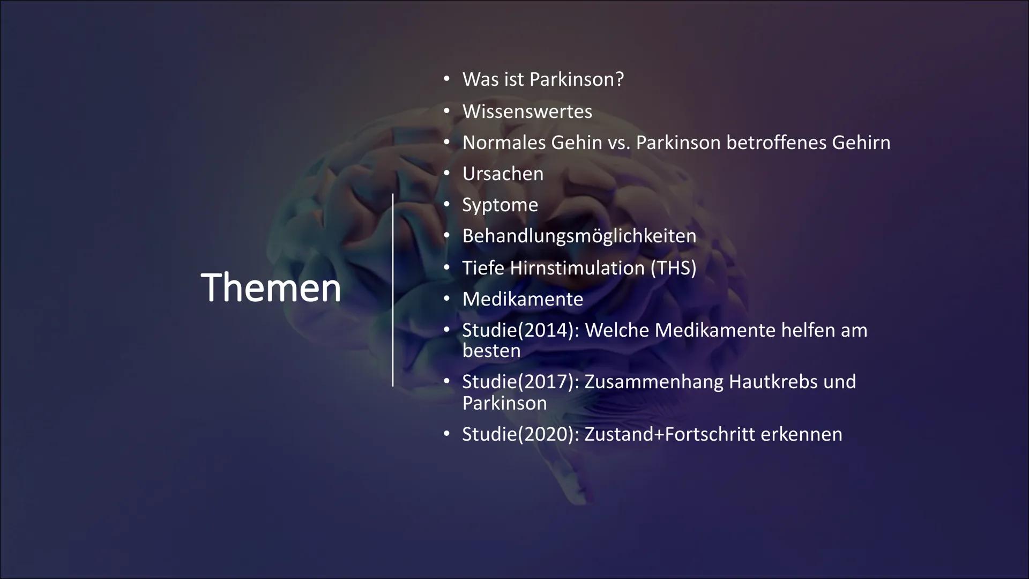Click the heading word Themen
click(x=271, y=288)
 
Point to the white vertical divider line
click(x=393, y=289)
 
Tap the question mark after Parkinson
click(x=619, y=79)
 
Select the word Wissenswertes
click(x=527, y=112)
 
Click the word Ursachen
click(x=503, y=174)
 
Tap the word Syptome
click(x=500, y=205)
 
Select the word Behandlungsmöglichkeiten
click(x=579, y=236)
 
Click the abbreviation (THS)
click(x=673, y=268)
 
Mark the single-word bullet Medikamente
click(x=523, y=299)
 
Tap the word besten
click(x=491, y=351)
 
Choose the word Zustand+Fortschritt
click(x=669, y=434)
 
